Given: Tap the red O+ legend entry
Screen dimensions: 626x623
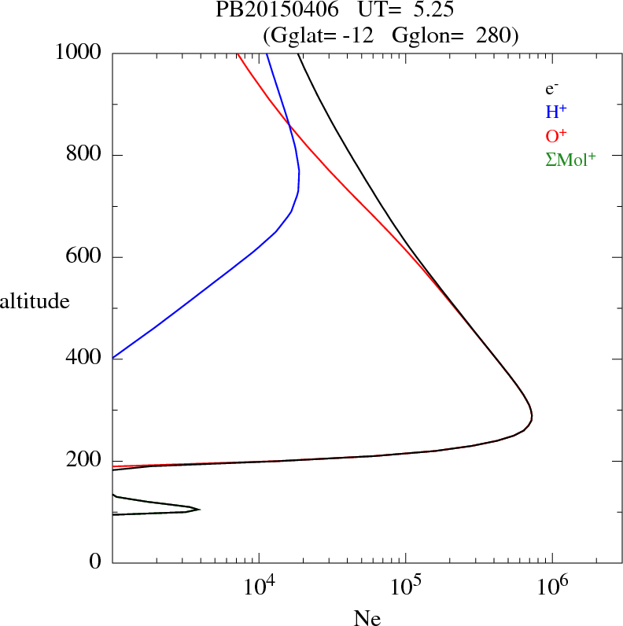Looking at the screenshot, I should click(556, 135).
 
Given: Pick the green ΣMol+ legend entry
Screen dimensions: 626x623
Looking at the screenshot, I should click(570, 159).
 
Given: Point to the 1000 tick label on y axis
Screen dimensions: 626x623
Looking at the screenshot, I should click(78, 53).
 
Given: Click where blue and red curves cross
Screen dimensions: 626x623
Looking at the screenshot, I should click(289, 125).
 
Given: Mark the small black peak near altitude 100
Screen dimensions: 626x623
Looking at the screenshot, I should click(199, 510).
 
